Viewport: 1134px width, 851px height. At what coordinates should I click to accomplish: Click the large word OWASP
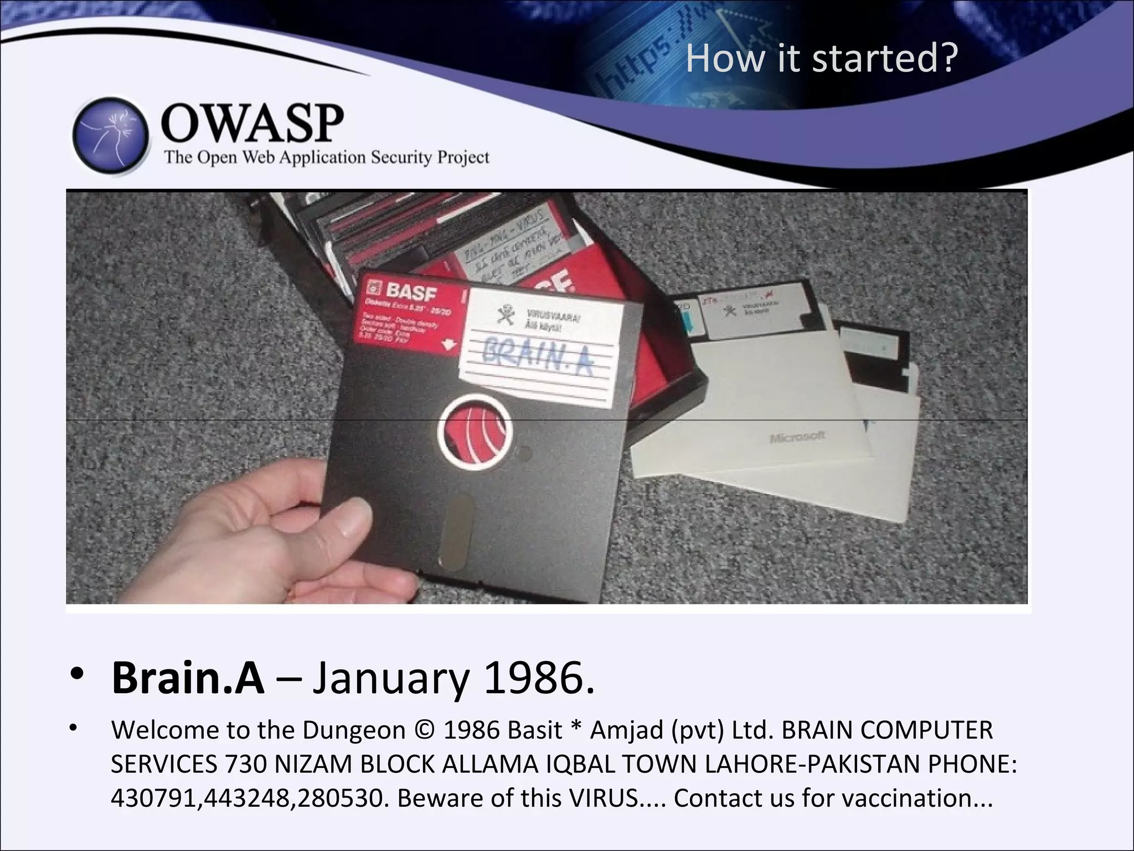tap(252, 124)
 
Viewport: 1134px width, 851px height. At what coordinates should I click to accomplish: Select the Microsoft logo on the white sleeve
tap(797, 437)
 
